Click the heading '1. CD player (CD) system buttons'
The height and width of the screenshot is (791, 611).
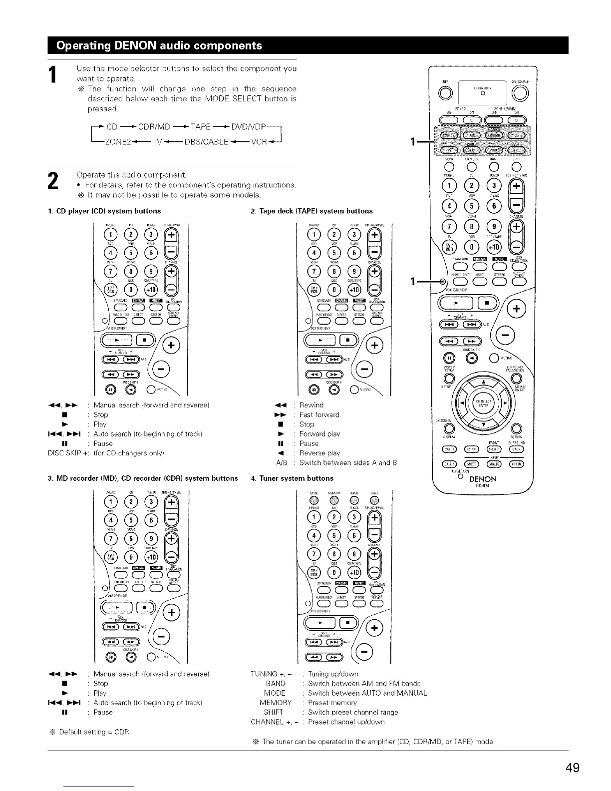pos(104,211)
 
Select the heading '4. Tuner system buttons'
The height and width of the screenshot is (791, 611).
pos(292,478)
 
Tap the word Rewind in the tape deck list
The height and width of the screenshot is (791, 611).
pos(311,405)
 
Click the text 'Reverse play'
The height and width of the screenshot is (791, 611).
pos(319,453)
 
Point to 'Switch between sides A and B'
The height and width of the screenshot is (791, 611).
pos(348,462)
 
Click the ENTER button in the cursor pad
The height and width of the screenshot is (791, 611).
pos(483,405)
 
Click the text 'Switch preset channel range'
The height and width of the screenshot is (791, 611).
pos(353,712)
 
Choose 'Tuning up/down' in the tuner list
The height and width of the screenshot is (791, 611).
pos(333,674)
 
